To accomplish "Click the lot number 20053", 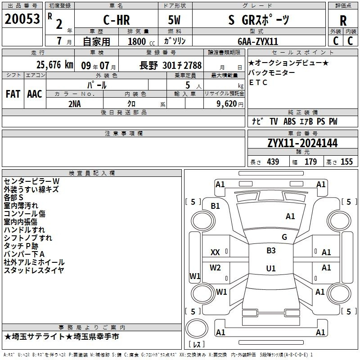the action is [22, 19].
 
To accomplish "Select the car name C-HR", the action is [117, 20].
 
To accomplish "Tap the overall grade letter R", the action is [343, 21].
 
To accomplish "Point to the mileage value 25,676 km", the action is [54, 65].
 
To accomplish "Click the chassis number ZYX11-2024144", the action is [302, 143].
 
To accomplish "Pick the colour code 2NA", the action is [75, 104].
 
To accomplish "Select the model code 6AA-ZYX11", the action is [258, 41].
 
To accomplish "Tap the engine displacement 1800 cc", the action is [141, 41].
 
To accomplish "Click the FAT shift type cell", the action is [13, 94].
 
